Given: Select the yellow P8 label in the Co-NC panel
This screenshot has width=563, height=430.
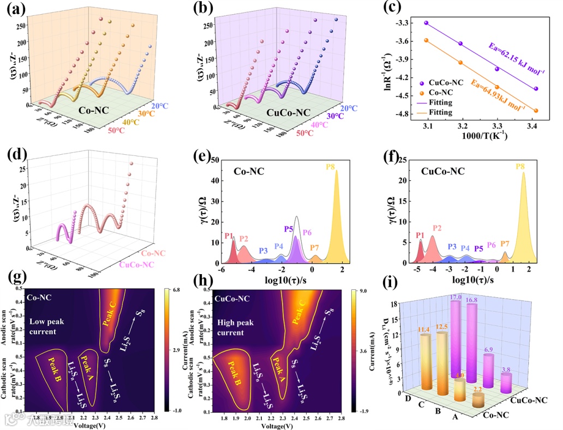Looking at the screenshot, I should [x=330, y=166].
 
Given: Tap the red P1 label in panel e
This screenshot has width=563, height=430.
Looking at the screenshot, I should [x=229, y=235].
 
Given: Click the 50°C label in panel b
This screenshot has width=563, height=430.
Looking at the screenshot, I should [x=306, y=134].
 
